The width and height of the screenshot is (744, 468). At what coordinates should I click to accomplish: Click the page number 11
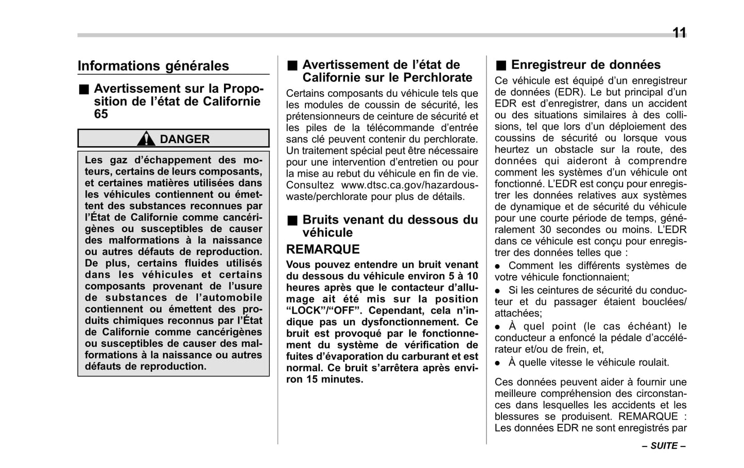pos(679,33)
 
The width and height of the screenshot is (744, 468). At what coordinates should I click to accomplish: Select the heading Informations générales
pos(153,66)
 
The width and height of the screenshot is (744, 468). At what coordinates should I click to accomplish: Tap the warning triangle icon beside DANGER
pos(146,139)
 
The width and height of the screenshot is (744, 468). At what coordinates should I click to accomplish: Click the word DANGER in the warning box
pos(184,139)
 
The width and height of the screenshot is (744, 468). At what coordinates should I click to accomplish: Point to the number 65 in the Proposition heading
pos(101,114)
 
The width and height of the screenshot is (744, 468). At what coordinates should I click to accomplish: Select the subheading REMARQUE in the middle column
pos(323,249)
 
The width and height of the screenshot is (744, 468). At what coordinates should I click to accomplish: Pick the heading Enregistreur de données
pos(585,65)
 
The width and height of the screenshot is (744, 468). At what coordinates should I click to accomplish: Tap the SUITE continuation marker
pos(664,446)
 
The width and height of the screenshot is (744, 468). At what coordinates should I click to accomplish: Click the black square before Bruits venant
pos(292,220)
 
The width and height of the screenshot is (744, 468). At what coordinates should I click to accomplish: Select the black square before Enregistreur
pos(501,65)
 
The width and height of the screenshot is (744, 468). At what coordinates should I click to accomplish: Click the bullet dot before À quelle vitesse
pos(498,363)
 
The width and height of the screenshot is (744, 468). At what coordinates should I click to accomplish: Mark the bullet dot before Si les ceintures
pos(498,291)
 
